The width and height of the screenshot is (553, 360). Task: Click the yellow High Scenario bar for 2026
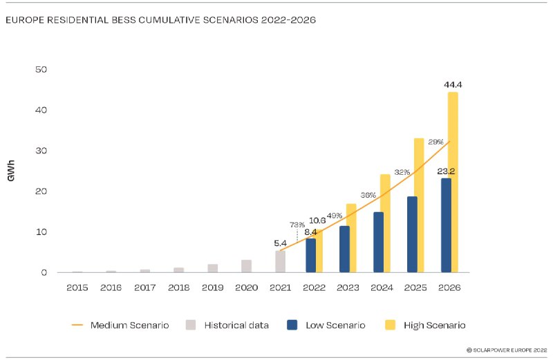click(x=453, y=182)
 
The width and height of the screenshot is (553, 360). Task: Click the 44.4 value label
click(x=453, y=85)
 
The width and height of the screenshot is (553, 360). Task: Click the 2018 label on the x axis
click(x=178, y=287)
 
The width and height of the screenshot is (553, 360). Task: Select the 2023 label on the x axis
click(x=347, y=287)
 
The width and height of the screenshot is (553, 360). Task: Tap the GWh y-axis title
click(x=12, y=171)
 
